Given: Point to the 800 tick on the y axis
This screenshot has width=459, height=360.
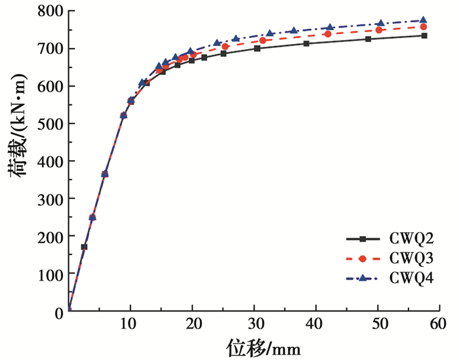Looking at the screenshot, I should click(x=48, y=11).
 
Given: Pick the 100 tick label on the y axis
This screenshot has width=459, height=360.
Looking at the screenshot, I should click(x=48, y=273).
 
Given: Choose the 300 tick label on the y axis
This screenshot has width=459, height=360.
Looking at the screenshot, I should click(x=48, y=199).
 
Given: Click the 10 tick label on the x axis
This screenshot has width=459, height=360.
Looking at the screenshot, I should click(x=130, y=323).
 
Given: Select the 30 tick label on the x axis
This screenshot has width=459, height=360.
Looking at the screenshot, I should click(x=254, y=323).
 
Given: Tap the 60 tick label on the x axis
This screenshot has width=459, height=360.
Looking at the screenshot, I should click(x=440, y=323).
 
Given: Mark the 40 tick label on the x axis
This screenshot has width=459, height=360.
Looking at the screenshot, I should click(x=316, y=323).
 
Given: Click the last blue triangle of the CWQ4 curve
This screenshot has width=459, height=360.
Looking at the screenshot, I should click(x=424, y=20).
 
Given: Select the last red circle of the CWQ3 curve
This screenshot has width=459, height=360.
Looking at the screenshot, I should click(x=424, y=27).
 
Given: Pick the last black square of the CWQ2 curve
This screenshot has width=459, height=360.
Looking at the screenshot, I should click(x=424, y=35).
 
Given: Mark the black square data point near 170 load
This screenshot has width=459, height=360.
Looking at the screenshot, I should click(x=84, y=247).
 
